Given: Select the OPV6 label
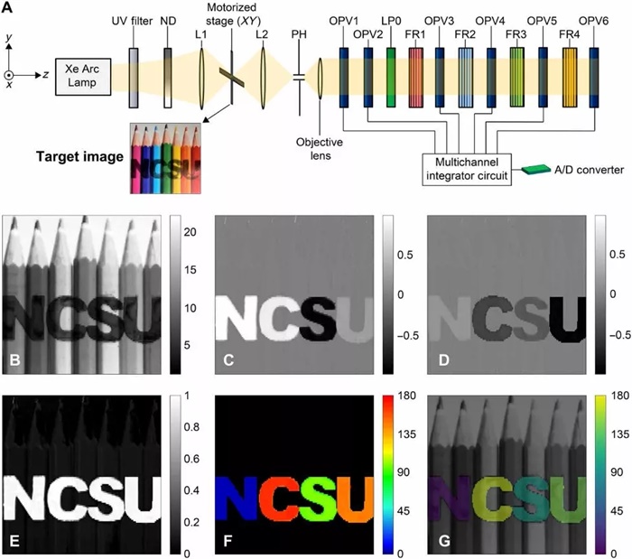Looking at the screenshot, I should pos(594,20).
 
